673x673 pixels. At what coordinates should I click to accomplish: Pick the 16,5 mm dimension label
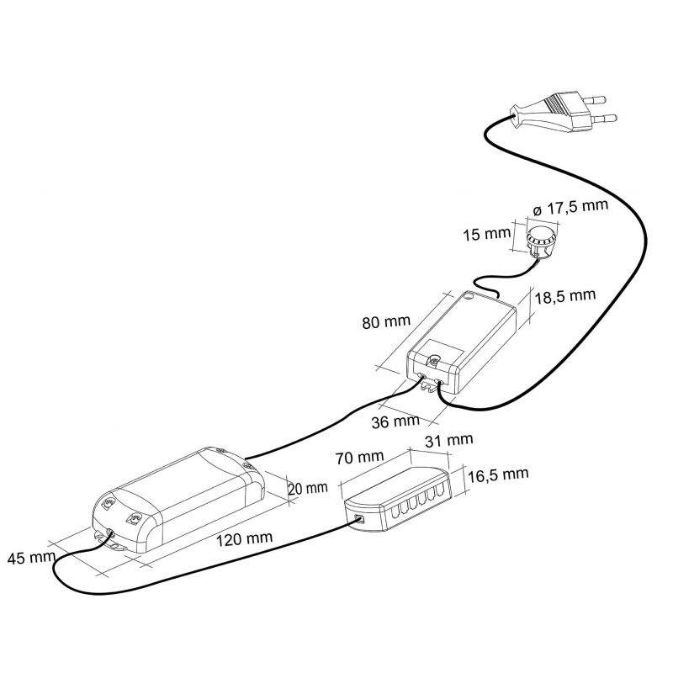(x=498, y=474)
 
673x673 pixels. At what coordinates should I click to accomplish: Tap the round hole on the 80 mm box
(x=469, y=296)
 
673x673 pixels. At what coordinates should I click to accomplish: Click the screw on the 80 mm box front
(x=435, y=362)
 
